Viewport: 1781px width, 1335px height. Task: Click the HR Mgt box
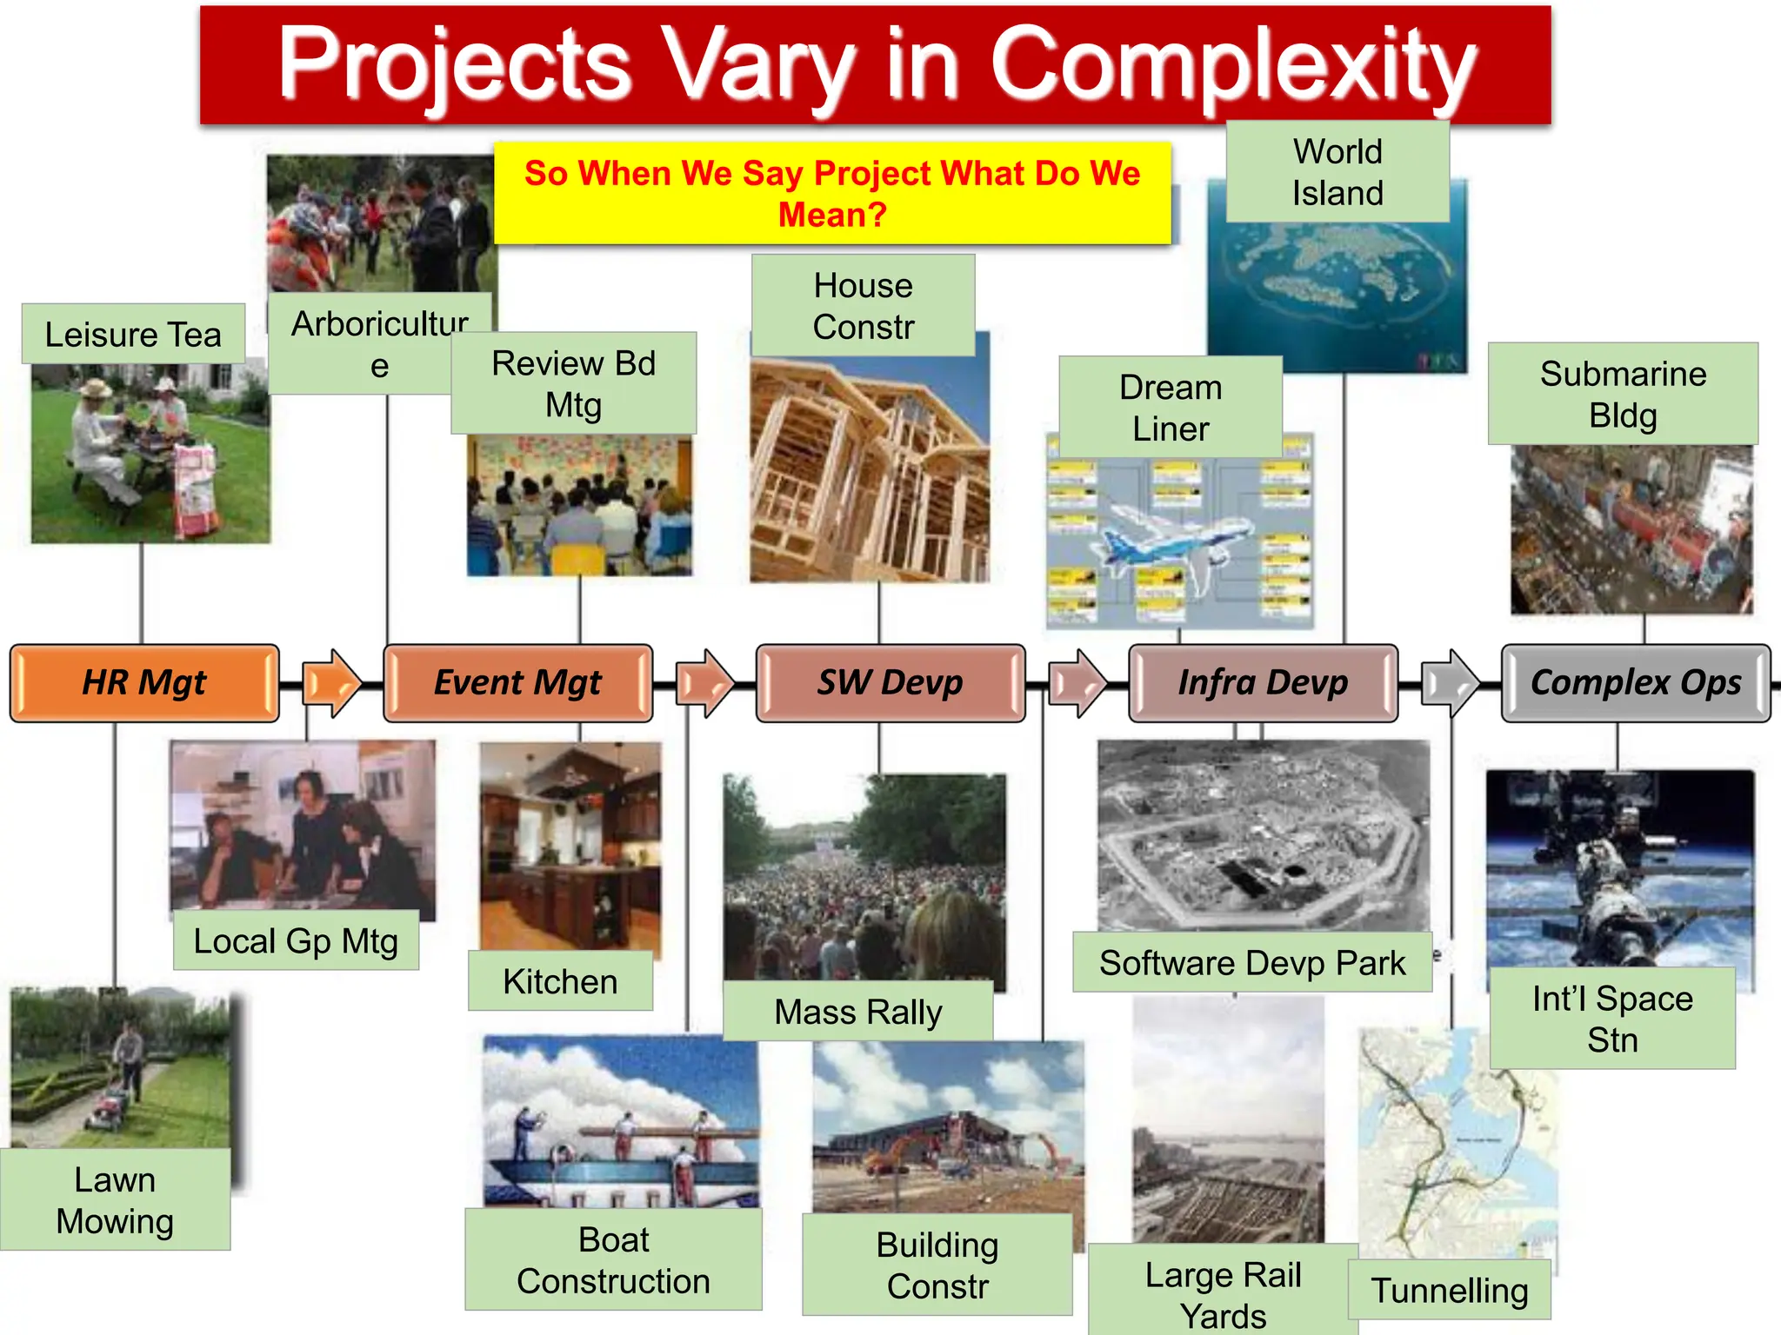[144, 683]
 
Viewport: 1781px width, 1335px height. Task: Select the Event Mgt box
[517, 683]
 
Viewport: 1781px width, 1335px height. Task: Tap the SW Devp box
[890, 683]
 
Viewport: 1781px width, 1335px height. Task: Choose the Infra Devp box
[1263, 683]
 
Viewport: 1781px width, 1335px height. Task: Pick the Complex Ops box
[1635, 683]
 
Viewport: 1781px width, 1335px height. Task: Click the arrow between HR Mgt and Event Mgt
[331, 683]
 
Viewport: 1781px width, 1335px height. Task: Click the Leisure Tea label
[133, 334]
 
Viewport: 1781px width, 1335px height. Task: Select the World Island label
[1337, 172]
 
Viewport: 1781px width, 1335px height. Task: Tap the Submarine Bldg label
[1623, 394]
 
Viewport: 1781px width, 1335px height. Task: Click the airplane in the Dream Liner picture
[1174, 539]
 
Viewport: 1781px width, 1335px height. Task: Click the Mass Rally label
[857, 1013]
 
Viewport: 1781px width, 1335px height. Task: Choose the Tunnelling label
[1449, 1291]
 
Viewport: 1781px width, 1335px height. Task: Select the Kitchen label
[560, 981]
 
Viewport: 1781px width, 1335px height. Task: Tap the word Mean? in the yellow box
[831, 215]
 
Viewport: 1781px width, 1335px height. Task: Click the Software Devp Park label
[1251, 963]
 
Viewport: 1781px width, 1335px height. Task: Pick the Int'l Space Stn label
[1612, 1019]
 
